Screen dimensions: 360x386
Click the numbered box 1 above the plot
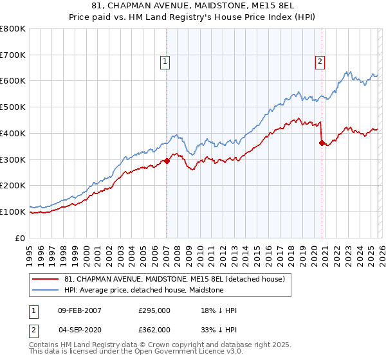165,62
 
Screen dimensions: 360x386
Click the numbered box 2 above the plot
320,62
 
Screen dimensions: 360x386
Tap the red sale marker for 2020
322,143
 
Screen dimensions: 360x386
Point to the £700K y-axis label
13,55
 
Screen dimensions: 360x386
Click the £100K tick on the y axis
13,212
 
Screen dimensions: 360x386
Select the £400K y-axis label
13,133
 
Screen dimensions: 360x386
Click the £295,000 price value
154,310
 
